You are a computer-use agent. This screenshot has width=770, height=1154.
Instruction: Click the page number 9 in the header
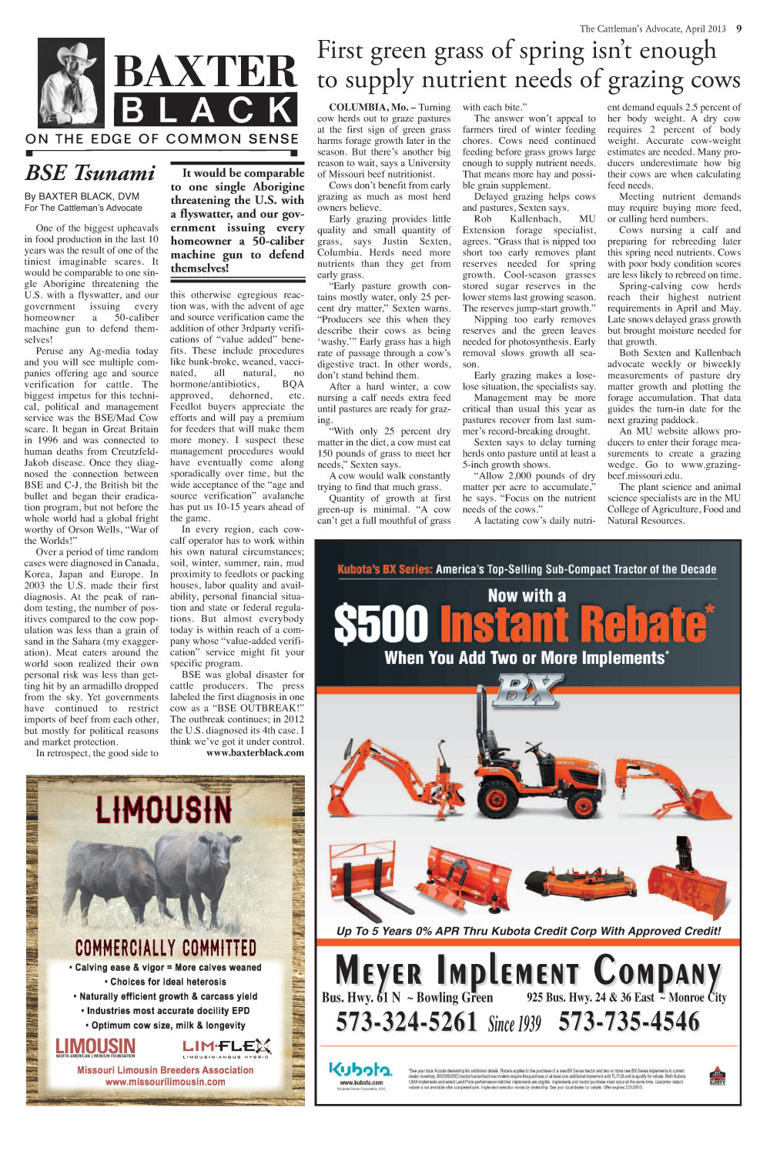click(x=738, y=29)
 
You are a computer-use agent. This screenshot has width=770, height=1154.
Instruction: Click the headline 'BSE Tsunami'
click(x=90, y=173)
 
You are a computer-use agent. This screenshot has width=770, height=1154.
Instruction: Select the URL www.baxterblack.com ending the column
click(x=255, y=752)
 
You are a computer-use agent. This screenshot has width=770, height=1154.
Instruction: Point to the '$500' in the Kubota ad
click(x=381, y=624)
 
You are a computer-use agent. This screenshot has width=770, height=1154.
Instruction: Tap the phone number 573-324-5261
click(x=407, y=1022)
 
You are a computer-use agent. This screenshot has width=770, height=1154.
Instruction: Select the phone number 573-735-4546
click(x=629, y=1022)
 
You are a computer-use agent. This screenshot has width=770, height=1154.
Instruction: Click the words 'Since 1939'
click(x=514, y=1024)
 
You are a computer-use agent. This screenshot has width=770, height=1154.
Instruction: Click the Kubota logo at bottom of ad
click(x=360, y=1070)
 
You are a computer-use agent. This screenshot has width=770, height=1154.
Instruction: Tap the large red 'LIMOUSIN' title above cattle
click(x=163, y=809)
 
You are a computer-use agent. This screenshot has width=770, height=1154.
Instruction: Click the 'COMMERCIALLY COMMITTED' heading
click(x=166, y=948)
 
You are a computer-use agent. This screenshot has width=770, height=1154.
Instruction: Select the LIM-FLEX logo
click(x=226, y=1047)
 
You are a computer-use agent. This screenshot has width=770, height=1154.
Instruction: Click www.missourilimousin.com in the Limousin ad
click(x=166, y=1082)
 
